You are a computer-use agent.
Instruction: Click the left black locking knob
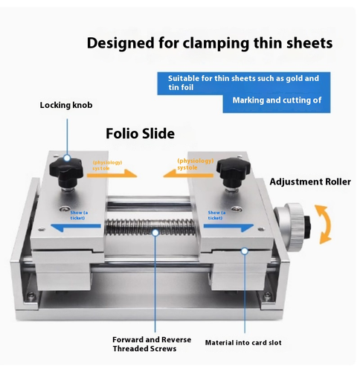point(65,172)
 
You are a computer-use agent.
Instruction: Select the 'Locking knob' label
point(66,105)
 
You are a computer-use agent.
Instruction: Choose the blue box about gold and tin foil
point(242,83)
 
